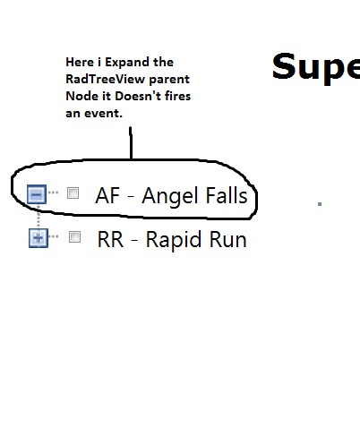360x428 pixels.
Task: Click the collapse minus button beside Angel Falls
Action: (37, 194)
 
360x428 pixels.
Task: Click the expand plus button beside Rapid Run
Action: (39, 238)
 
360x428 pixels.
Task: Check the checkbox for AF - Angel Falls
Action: (73, 193)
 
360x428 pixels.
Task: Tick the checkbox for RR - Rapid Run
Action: (74, 237)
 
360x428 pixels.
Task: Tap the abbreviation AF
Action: (107, 195)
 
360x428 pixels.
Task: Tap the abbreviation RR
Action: (110, 239)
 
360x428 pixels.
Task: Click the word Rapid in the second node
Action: (171, 240)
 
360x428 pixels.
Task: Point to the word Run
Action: (228, 239)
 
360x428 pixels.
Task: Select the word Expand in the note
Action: (127, 63)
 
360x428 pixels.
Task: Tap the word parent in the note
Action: (169, 80)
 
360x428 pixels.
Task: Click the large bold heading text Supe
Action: (316, 68)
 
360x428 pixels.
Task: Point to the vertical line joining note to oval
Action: (131, 143)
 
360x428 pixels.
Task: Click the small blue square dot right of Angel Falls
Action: (320, 204)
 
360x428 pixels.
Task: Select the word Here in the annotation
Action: (80, 62)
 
